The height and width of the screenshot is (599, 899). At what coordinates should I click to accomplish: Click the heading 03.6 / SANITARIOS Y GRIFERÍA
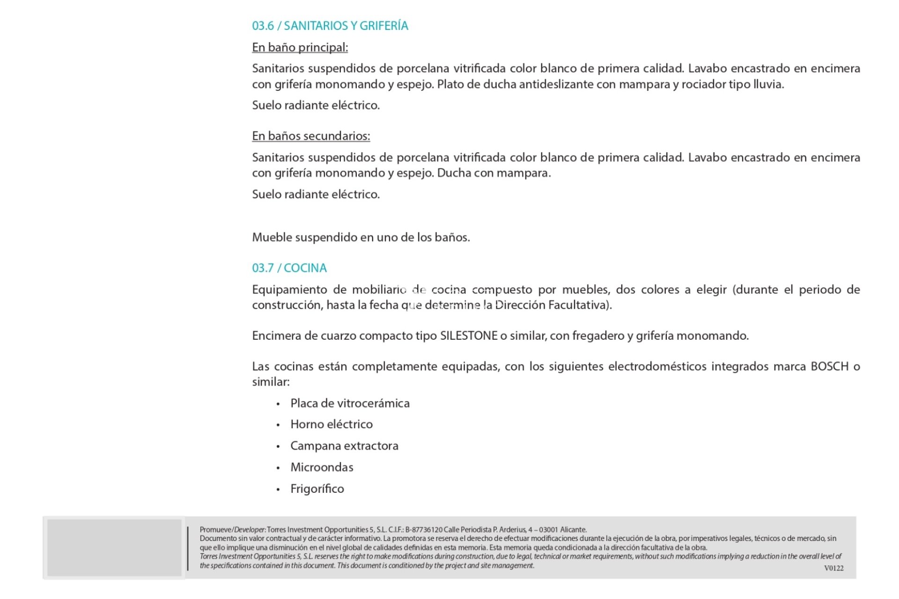(330, 26)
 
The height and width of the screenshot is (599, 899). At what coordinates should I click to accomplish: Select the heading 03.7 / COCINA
(289, 268)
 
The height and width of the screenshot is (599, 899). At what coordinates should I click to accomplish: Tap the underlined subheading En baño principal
(300, 47)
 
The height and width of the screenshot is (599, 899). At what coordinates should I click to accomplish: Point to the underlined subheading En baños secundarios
(311, 136)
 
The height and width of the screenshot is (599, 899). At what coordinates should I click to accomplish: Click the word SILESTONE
(468, 336)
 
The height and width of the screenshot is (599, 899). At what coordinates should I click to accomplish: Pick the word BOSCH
(829, 366)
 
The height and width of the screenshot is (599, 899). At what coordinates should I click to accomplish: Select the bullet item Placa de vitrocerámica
(350, 403)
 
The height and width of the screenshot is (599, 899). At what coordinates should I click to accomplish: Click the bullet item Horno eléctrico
(332, 424)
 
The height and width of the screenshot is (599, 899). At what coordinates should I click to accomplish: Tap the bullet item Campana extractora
(344, 446)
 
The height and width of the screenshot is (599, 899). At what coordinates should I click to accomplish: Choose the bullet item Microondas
(322, 467)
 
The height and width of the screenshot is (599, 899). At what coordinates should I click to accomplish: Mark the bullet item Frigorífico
(317, 489)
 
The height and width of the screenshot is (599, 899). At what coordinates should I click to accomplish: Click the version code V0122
(833, 568)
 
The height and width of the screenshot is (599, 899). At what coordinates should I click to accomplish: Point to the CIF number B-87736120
(424, 530)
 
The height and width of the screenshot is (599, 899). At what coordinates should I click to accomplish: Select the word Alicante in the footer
(573, 530)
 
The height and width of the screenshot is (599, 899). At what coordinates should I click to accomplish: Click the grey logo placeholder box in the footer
(114, 548)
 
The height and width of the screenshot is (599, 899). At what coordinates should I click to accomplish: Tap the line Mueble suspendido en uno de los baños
(361, 237)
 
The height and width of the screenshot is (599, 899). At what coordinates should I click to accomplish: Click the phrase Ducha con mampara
(494, 173)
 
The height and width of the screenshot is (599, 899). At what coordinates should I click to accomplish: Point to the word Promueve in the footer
(215, 530)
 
